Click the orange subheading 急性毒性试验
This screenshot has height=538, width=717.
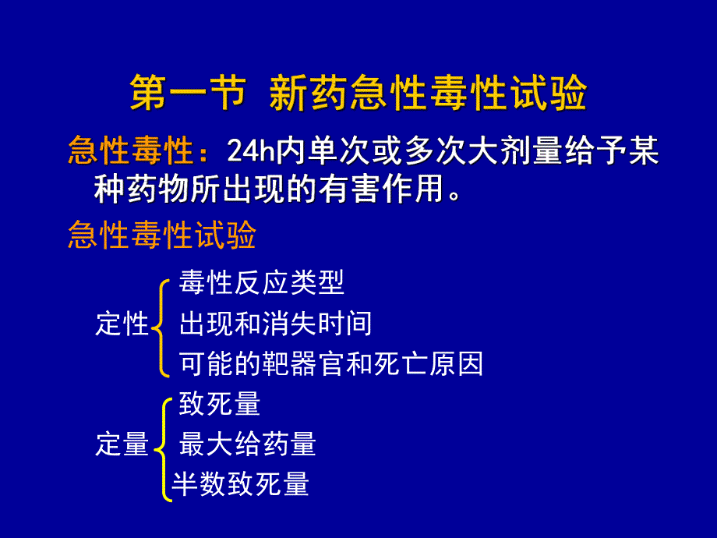(162, 235)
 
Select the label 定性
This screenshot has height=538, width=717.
(122, 324)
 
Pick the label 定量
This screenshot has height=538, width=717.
(122, 444)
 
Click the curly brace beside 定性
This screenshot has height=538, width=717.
(161, 324)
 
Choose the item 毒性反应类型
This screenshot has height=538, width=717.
(261, 283)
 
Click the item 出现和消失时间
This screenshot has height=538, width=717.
(275, 323)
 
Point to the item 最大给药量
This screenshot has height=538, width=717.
(247, 444)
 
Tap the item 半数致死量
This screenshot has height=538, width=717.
(240, 484)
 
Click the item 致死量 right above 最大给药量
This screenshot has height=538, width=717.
(219, 404)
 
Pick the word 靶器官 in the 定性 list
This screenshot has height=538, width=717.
(303, 363)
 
